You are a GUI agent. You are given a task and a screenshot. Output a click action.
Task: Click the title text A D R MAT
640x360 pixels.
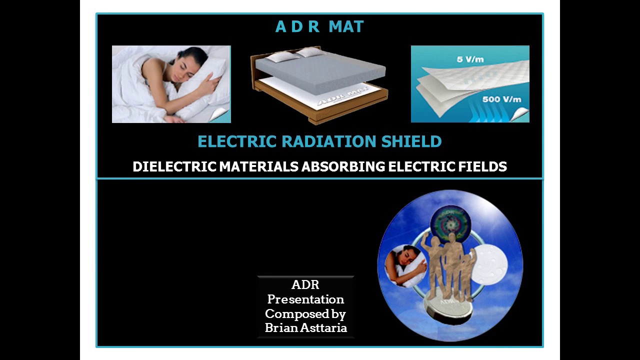coord(319,27)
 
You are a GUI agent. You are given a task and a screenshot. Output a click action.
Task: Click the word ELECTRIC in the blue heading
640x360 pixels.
coord(237,141)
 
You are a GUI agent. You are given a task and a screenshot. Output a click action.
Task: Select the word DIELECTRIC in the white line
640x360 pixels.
coord(174,166)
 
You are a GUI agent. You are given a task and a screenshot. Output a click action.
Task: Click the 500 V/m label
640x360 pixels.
coord(501,99)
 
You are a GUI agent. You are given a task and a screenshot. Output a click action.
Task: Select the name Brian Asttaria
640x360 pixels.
coord(305,328)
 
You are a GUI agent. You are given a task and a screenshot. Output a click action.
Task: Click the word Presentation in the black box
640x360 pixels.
coord(305,299)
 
